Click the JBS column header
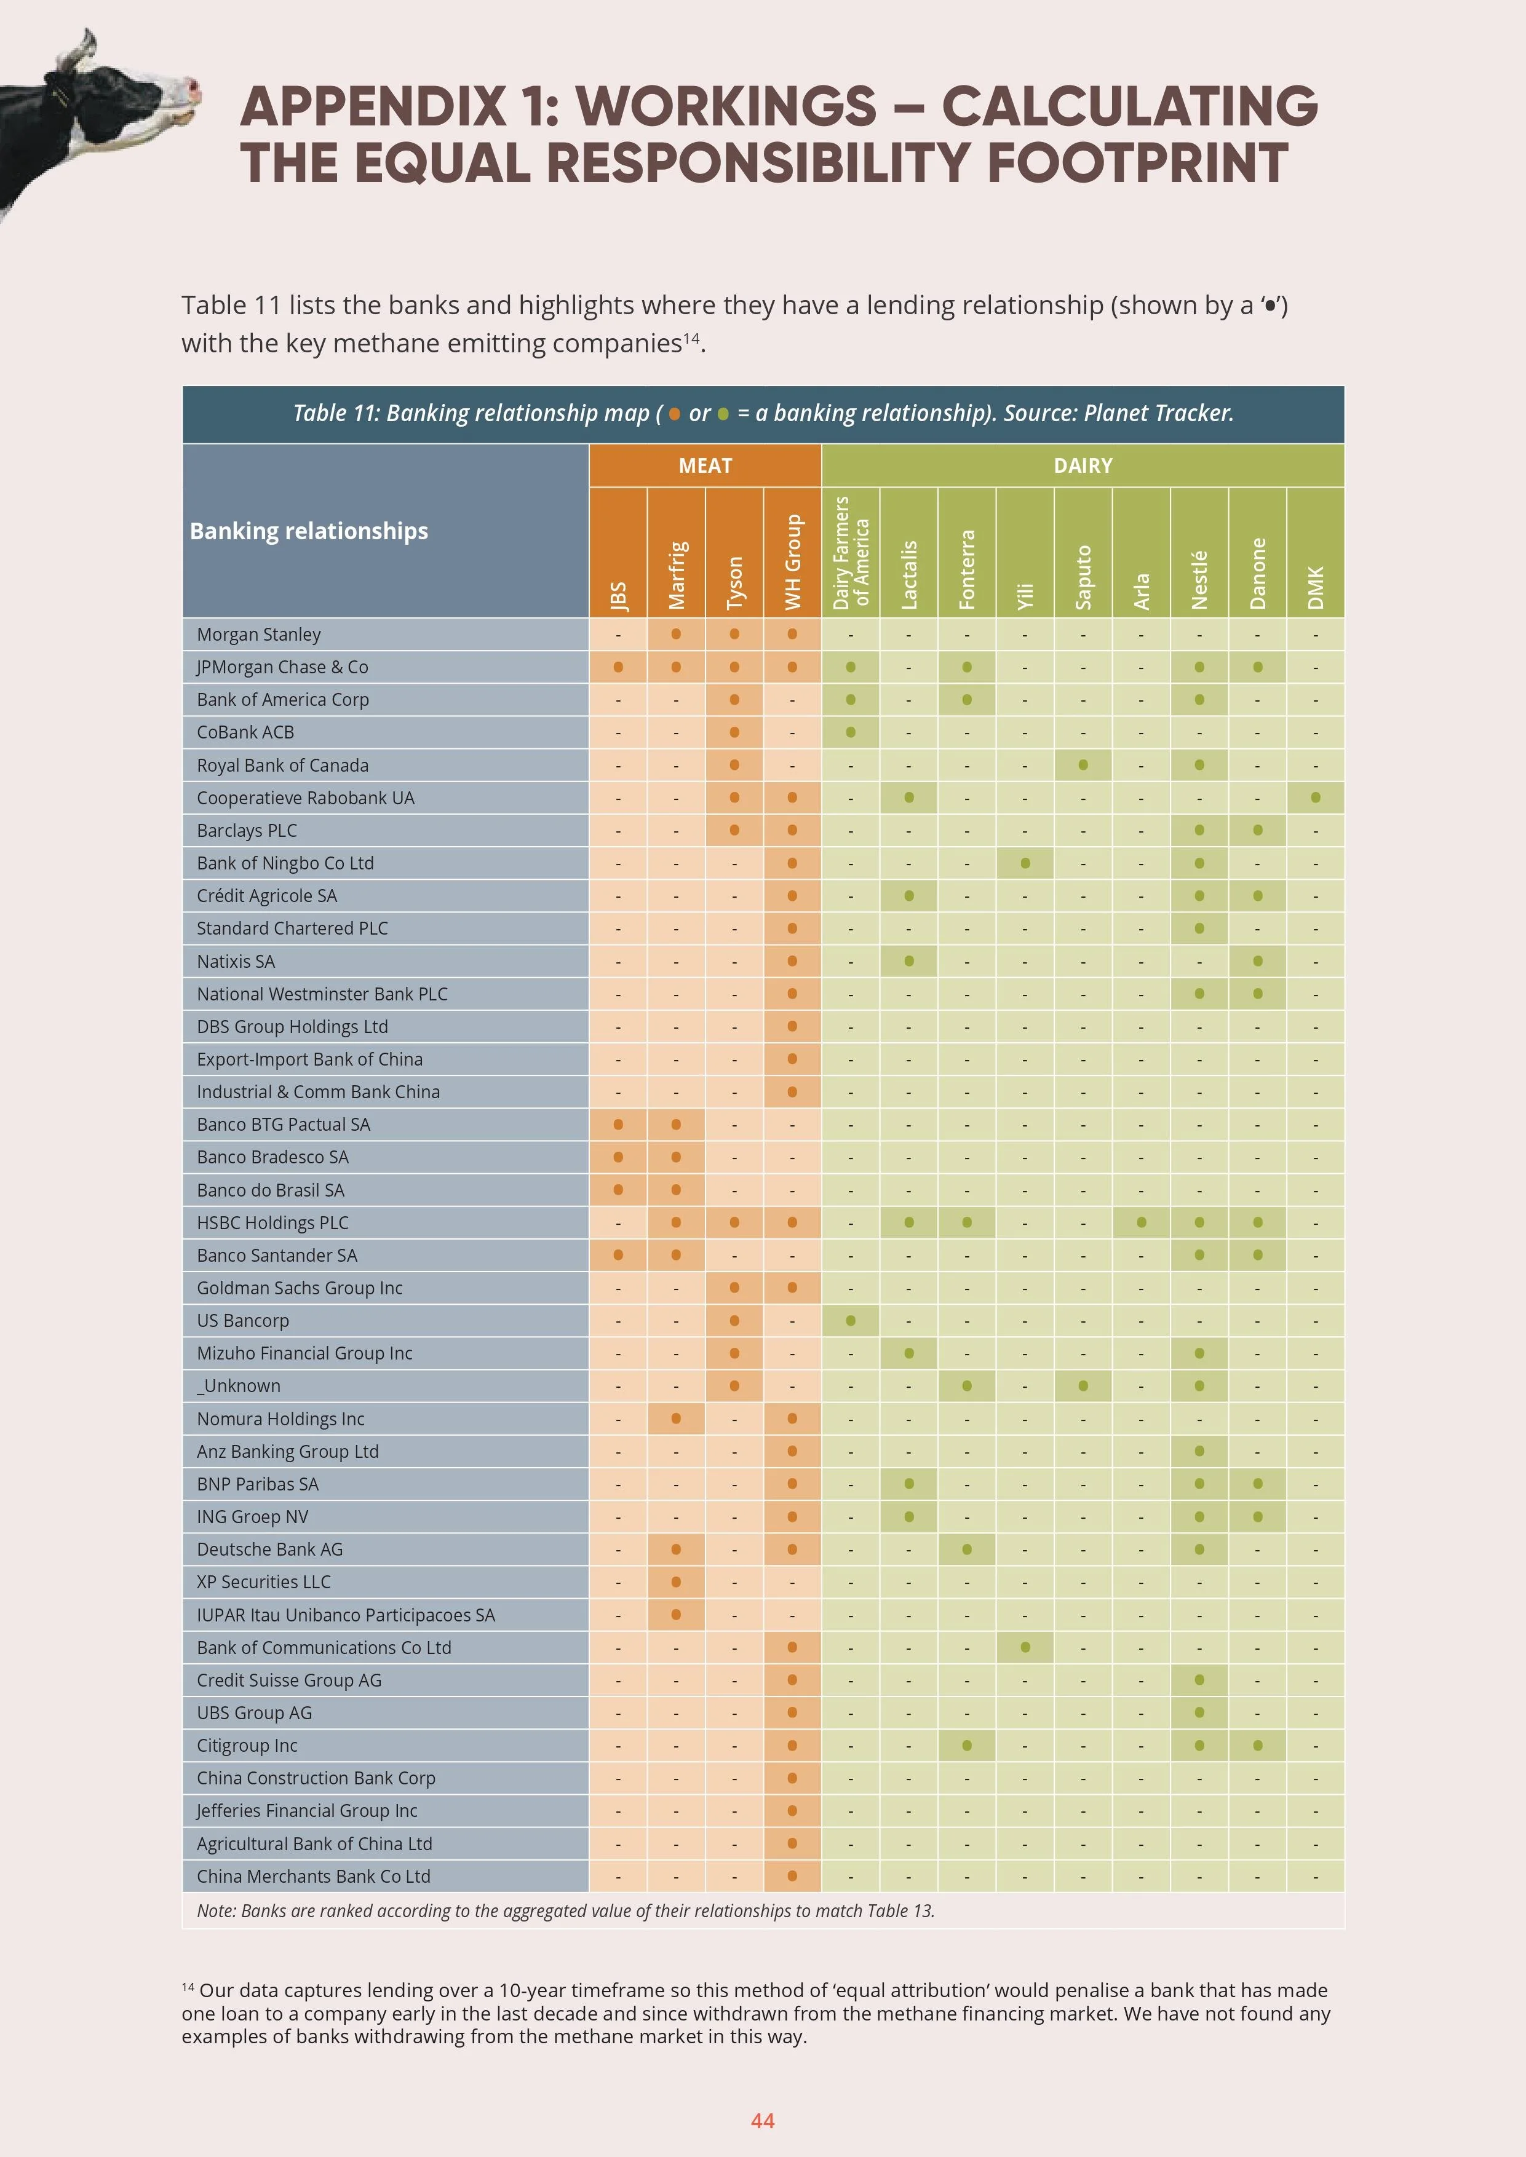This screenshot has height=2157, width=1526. (618, 595)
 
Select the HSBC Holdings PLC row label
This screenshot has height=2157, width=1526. (272, 1223)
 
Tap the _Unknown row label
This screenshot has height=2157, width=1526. (239, 1386)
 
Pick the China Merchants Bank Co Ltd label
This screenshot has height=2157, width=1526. (313, 1876)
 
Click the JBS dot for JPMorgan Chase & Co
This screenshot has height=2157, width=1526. (618, 667)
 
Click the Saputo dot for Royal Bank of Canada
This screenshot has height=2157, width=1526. (1083, 765)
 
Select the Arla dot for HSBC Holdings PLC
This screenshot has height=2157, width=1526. (1142, 1222)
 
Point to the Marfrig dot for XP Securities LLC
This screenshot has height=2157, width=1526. (675, 1582)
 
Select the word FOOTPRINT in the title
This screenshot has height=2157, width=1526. (1137, 164)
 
